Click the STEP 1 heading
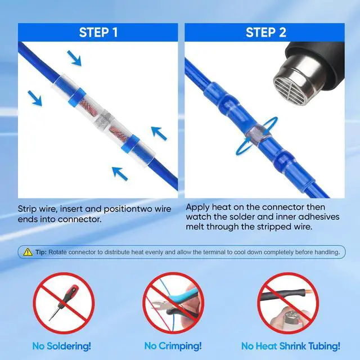[x=98, y=32]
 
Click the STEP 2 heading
[x=266, y=32]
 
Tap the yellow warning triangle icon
[x=28, y=252]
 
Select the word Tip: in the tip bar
[x=41, y=252]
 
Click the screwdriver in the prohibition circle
[x=63, y=303]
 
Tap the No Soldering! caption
[x=61, y=346]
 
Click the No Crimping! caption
[x=173, y=346]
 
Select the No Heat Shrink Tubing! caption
[x=291, y=346]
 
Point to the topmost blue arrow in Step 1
[x=74, y=58]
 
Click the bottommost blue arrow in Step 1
[x=120, y=174]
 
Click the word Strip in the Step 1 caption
[x=27, y=209]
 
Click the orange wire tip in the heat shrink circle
[x=308, y=292]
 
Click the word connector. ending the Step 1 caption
[x=79, y=219]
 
